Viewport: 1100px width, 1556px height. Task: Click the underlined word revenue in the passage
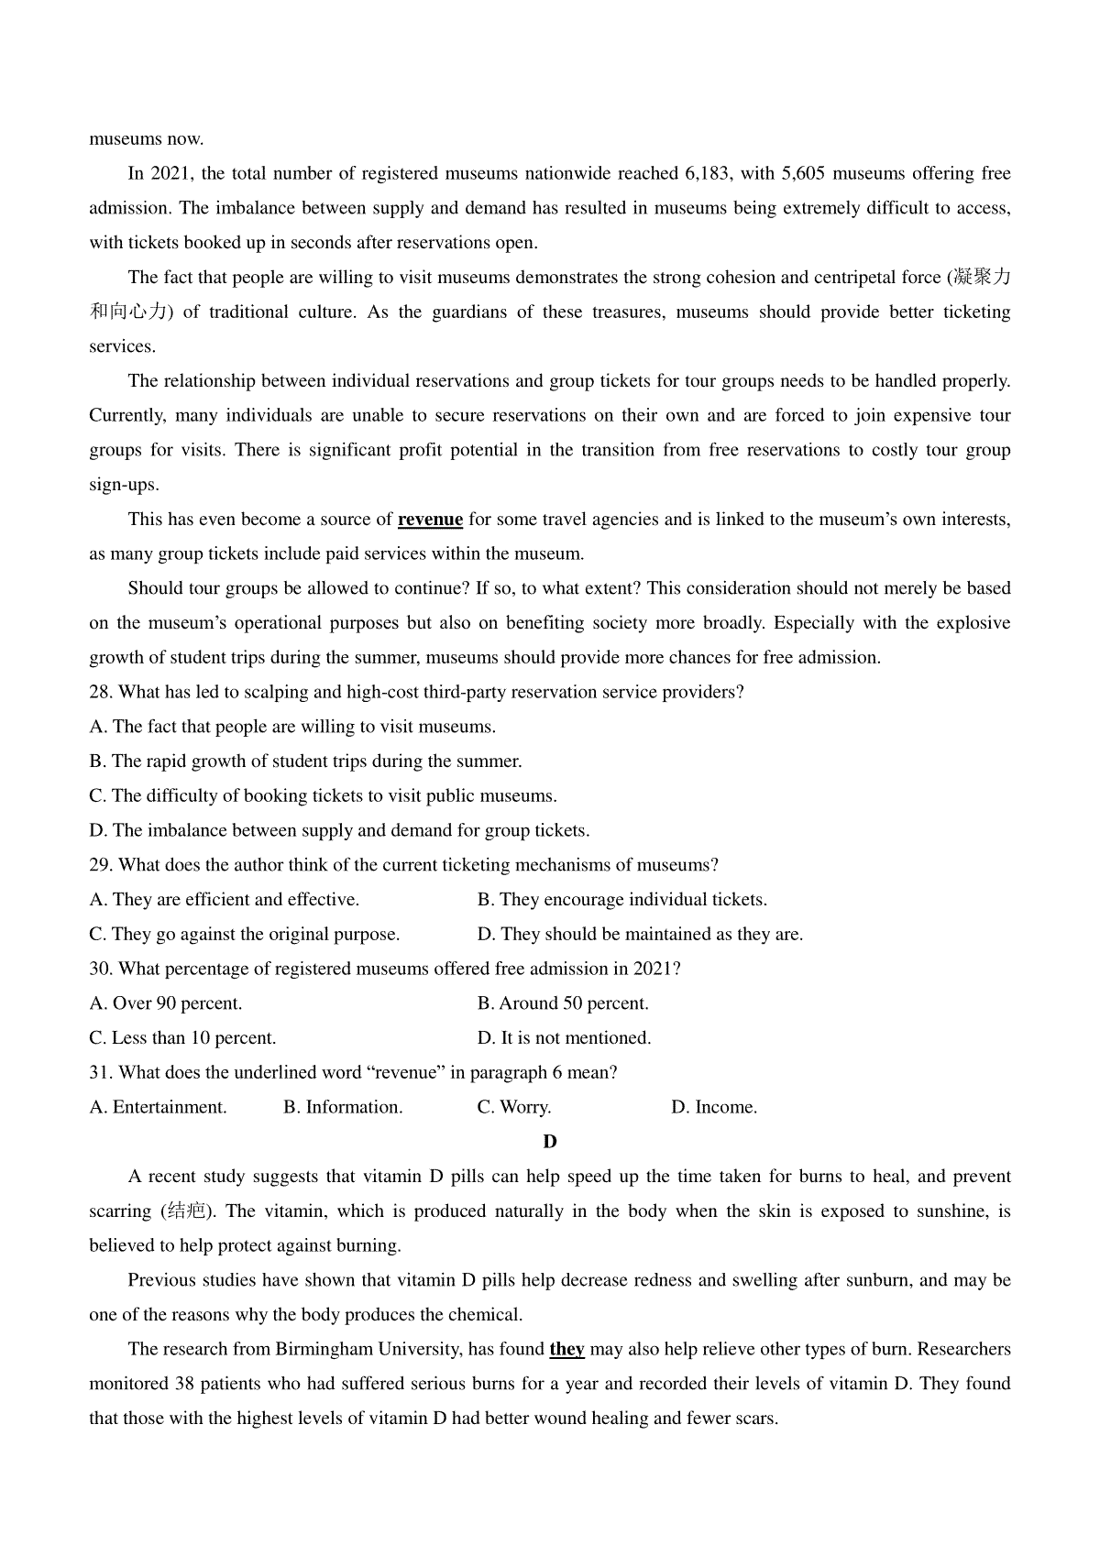point(430,520)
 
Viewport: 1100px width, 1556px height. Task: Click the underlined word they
point(566,1350)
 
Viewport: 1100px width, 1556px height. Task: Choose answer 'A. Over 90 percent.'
point(166,1003)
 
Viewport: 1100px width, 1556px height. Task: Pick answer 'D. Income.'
point(714,1107)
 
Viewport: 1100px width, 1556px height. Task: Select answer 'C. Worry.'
point(513,1107)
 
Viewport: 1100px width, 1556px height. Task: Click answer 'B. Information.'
point(343,1107)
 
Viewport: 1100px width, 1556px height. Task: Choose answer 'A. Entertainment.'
point(158,1107)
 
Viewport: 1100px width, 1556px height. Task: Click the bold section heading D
point(550,1142)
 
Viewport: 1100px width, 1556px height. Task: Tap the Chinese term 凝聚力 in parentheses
point(982,278)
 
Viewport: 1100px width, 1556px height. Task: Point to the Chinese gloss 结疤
point(187,1211)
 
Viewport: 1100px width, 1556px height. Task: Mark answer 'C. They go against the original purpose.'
point(245,935)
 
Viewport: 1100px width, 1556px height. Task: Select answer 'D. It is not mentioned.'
point(564,1038)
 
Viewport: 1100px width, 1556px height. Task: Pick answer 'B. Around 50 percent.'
point(563,1003)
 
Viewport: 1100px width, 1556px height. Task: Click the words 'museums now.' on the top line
point(147,139)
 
